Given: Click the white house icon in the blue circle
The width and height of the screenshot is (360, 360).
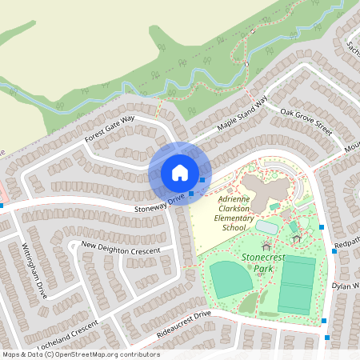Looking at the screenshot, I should pyautogui.click(x=180, y=172).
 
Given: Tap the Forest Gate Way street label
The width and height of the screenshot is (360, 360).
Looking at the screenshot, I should pyautogui.click(x=110, y=130).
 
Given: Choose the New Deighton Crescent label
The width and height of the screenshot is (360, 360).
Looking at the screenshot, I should pyautogui.click(x=120, y=247).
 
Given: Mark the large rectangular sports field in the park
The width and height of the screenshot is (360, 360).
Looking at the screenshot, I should pyautogui.click(x=297, y=284).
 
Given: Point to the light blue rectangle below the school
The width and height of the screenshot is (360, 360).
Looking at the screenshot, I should pyautogui.click(x=266, y=227).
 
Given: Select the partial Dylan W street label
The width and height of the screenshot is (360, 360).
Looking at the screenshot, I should pyautogui.click(x=346, y=286).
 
